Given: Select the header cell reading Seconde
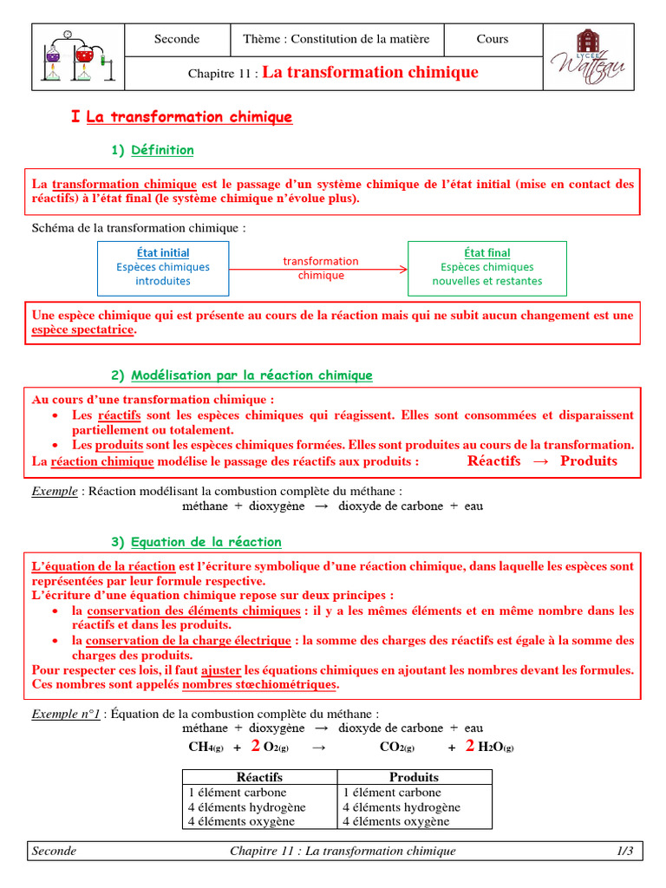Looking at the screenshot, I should [x=177, y=39].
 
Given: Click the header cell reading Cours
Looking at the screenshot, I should [x=493, y=39].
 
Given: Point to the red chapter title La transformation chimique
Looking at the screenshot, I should [x=370, y=72].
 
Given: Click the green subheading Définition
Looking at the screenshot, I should [x=162, y=150].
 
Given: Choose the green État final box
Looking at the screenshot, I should [x=486, y=267].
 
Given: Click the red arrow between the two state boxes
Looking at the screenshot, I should [x=319, y=269].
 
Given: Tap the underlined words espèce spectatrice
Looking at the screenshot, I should [x=83, y=330].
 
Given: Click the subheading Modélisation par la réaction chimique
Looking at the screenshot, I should [x=251, y=375].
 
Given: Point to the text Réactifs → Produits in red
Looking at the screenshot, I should [x=542, y=460].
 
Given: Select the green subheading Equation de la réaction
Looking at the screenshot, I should [x=206, y=542].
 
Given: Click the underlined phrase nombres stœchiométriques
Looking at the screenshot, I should [x=258, y=684].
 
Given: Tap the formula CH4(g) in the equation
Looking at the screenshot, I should [x=208, y=747].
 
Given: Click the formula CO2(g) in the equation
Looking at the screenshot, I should [x=397, y=747].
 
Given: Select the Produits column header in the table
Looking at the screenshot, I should [x=415, y=777].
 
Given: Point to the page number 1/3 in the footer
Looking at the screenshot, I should [x=624, y=851].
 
